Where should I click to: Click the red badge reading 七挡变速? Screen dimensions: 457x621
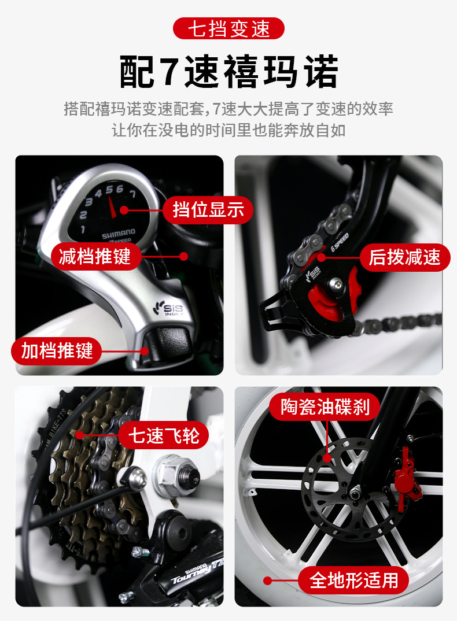click(x=228, y=28)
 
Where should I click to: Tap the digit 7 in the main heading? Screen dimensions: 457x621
click(x=169, y=72)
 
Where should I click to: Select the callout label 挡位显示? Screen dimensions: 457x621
click(x=208, y=209)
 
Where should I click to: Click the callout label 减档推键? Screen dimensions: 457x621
click(x=95, y=256)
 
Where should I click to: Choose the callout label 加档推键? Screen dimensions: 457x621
click(x=57, y=351)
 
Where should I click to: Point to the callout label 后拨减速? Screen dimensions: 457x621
click(x=405, y=257)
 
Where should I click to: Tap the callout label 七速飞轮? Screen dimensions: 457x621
click(x=164, y=435)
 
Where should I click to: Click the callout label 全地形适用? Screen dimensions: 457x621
click(x=353, y=580)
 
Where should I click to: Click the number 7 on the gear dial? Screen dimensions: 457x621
click(x=132, y=194)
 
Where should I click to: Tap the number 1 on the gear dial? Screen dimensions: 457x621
click(x=83, y=230)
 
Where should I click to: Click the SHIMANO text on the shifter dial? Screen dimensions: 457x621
click(x=118, y=234)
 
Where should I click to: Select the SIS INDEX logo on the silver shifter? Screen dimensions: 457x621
click(x=169, y=308)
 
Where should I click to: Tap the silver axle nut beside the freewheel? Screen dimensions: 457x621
click(x=176, y=475)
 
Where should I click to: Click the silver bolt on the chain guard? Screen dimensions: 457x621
click(x=337, y=283)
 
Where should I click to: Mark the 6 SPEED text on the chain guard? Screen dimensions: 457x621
click(x=340, y=242)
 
